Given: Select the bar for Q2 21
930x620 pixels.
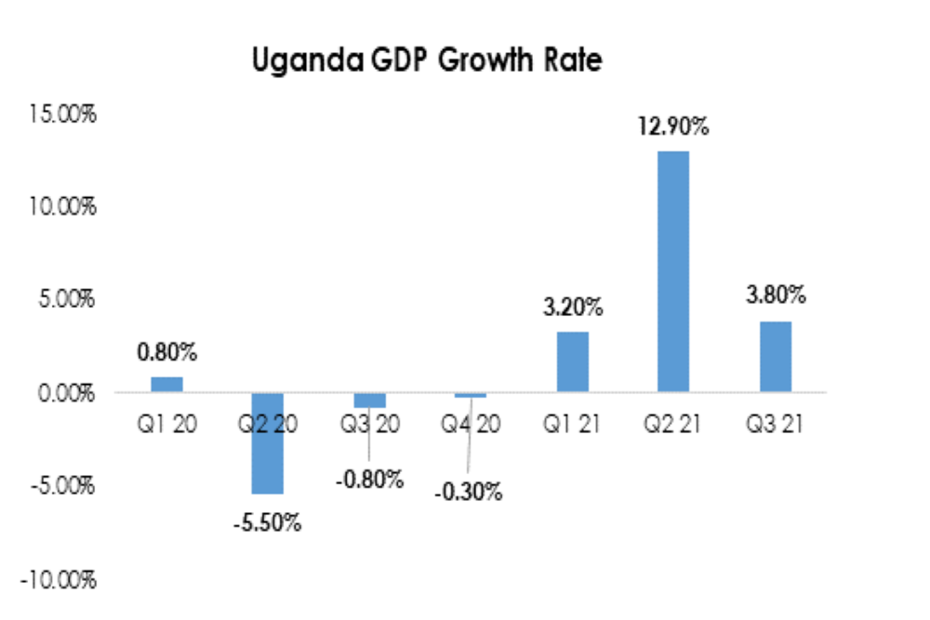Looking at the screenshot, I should [x=673, y=270].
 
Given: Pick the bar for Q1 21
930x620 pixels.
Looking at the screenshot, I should [x=572, y=361].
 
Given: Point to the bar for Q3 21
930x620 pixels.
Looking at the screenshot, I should [x=775, y=356].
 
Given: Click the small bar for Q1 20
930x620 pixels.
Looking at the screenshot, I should [x=167, y=384].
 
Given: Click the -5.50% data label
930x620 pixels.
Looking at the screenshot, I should [x=268, y=522].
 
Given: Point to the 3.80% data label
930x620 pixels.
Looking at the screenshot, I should [x=775, y=297].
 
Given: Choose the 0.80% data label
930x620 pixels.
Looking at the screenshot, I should [x=167, y=353].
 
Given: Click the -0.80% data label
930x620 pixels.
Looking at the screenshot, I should [x=369, y=480].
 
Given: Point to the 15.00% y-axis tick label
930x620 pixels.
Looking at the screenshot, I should [x=62, y=113].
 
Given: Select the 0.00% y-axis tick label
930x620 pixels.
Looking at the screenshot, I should [x=66, y=393].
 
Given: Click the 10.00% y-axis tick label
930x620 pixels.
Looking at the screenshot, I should [x=62, y=205].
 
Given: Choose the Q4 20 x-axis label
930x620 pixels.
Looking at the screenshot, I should [x=471, y=424].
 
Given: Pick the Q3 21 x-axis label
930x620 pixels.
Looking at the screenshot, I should [x=775, y=424].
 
